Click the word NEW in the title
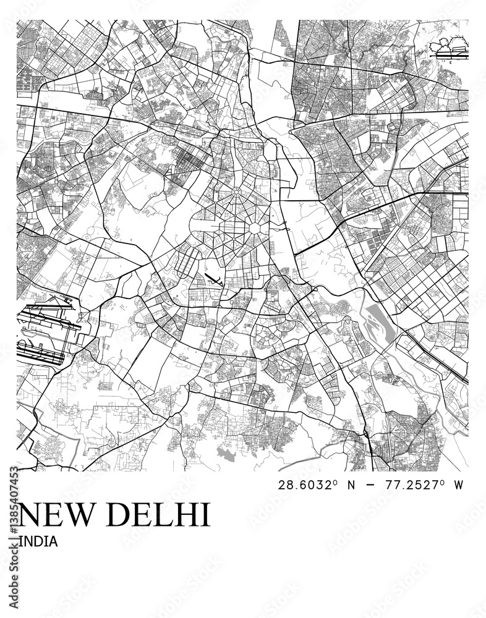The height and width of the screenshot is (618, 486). tap(53, 514)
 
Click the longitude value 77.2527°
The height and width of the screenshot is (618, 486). tap(412, 485)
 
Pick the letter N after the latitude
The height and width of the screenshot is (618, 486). tap(351, 485)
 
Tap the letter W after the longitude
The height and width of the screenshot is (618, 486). tap(458, 485)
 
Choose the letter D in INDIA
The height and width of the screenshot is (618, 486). tap(38, 542)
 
